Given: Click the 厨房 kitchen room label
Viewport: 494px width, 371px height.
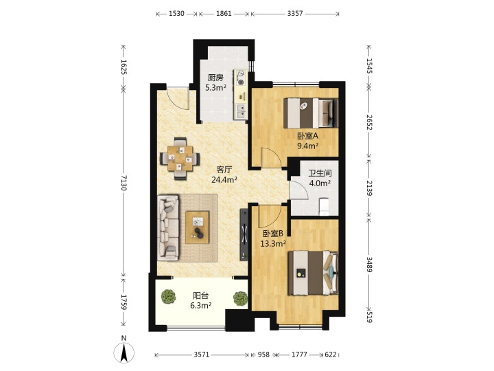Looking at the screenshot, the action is point(215,78).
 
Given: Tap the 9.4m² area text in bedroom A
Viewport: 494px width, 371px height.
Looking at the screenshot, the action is point(308,146).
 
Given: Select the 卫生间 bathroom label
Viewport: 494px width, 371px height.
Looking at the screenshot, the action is point(320,173).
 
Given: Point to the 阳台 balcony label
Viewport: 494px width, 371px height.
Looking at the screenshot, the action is point(200,296).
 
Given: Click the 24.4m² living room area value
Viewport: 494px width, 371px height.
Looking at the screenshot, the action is point(224,180).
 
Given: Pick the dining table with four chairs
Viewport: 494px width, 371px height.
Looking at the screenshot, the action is point(180,159).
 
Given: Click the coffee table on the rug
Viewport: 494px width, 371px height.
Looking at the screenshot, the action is point(197,227).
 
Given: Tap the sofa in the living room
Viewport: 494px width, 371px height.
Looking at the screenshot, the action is point(168,227).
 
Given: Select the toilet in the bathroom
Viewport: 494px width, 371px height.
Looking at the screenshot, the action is point(324,206).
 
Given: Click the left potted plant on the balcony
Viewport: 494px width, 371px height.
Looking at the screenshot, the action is point(168,297).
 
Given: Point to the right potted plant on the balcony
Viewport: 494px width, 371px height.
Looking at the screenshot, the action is point(240,298).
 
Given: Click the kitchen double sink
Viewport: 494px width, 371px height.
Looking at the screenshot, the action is point(241,111).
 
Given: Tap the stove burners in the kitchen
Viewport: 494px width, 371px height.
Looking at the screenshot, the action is point(241,78).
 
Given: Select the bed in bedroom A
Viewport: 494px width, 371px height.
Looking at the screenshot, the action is point(311,113).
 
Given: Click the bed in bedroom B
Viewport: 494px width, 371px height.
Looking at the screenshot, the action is point(313,273).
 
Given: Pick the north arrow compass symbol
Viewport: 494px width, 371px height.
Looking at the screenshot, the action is point(124,350).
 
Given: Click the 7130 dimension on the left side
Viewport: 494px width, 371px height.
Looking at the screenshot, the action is point(123,183).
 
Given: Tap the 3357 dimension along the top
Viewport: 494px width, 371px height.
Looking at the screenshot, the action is point(295,13).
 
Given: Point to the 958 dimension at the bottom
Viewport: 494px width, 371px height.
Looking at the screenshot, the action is point(263,355).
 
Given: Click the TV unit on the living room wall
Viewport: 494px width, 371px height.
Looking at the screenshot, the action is point(244,234).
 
